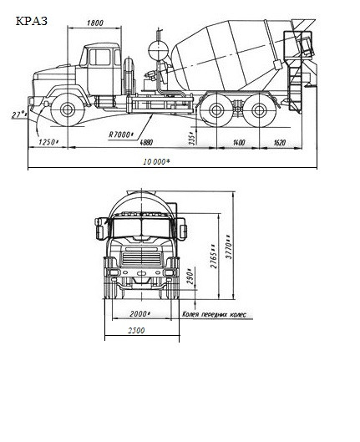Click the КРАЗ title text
(x=31, y=21)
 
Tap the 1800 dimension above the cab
(x=95, y=23)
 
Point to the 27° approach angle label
(x=19, y=114)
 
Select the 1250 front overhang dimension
(x=48, y=142)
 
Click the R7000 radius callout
(x=120, y=135)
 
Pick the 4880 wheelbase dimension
(x=146, y=142)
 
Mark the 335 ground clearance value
(x=192, y=138)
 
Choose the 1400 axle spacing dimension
(x=239, y=142)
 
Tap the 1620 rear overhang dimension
(x=280, y=142)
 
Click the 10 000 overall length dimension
(x=157, y=161)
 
